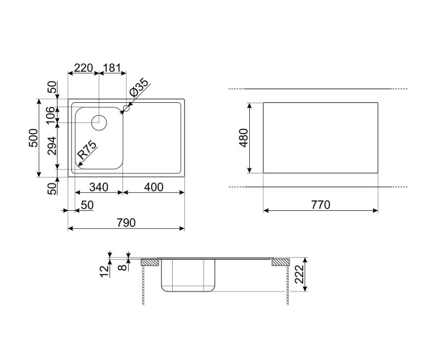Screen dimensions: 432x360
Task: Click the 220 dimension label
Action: (84, 68)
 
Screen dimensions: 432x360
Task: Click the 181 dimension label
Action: (112, 68)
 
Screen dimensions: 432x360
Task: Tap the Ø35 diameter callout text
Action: (138, 88)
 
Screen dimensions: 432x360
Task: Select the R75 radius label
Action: (87, 150)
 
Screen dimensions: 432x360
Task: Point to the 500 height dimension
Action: (34, 138)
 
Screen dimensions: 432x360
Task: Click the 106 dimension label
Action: (50, 115)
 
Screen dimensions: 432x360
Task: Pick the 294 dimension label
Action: (52, 145)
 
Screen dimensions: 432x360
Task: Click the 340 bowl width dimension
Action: (99, 187)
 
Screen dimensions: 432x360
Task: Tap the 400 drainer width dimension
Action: (153, 187)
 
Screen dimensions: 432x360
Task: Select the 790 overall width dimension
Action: (126, 222)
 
